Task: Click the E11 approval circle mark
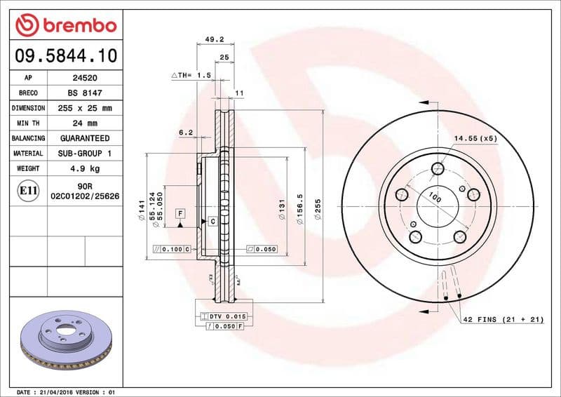[29, 190]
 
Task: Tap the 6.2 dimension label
[185, 132]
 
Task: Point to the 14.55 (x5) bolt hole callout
[475, 138]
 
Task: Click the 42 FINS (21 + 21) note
[503, 320]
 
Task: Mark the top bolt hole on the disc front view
[439, 168]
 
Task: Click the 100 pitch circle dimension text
[435, 198]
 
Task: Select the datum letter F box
[180, 212]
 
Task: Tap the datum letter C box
[211, 222]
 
